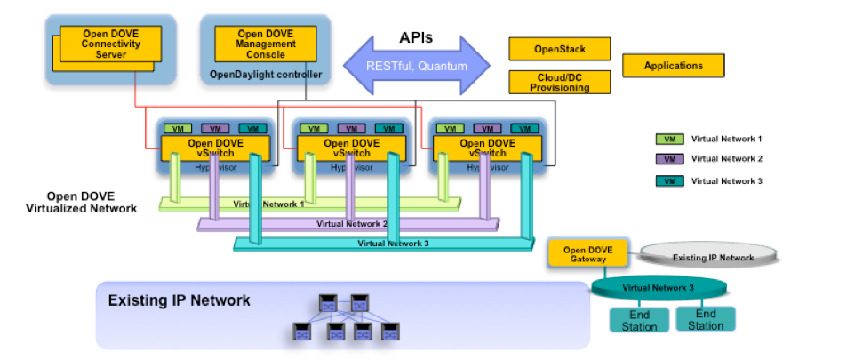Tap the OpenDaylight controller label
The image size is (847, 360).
[x=265, y=74]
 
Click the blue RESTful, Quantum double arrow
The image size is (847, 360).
[x=417, y=65]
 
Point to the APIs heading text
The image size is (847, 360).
[x=417, y=38]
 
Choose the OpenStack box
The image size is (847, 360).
[x=560, y=48]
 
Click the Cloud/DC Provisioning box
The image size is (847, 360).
[x=560, y=82]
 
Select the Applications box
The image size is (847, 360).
[x=673, y=65]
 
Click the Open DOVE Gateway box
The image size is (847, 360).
[x=587, y=252]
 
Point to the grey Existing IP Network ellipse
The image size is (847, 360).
[x=712, y=257]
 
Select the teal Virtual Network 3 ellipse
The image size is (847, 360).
[x=659, y=287]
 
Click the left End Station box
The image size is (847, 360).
[x=639, y=319]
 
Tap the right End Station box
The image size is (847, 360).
[x=706, y=319]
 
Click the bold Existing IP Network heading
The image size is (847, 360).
[x=179, y=300]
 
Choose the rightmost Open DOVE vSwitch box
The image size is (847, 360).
[x=486, y=148]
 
